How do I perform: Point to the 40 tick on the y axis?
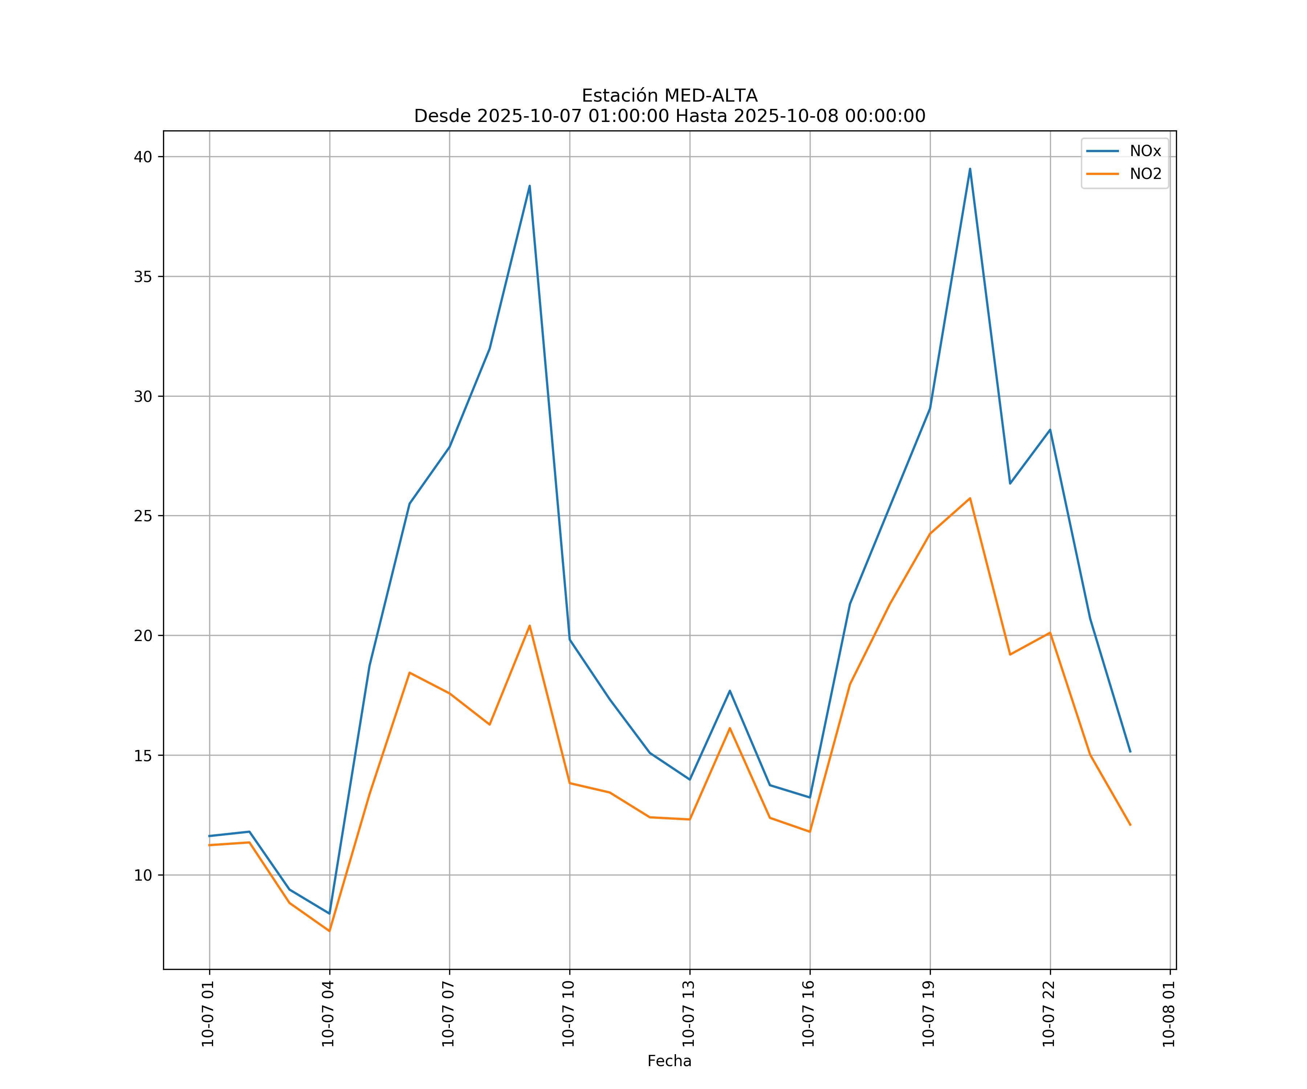[143, 157]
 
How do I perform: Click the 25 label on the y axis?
[143, 516]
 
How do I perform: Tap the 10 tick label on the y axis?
[143, 875]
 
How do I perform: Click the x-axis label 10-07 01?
[208, 1014]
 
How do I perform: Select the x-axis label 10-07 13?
[689, 1014]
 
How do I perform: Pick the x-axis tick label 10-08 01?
[1169, 1014]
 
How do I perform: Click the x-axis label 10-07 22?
[1049, 1014]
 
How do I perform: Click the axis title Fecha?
[669, 1061]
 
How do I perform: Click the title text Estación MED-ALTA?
[669, 96]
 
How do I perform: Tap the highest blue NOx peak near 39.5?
[970, 169]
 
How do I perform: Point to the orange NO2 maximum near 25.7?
[970, 498]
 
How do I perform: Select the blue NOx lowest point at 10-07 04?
[329, 914]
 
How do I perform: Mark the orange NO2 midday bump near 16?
[729, 728]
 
